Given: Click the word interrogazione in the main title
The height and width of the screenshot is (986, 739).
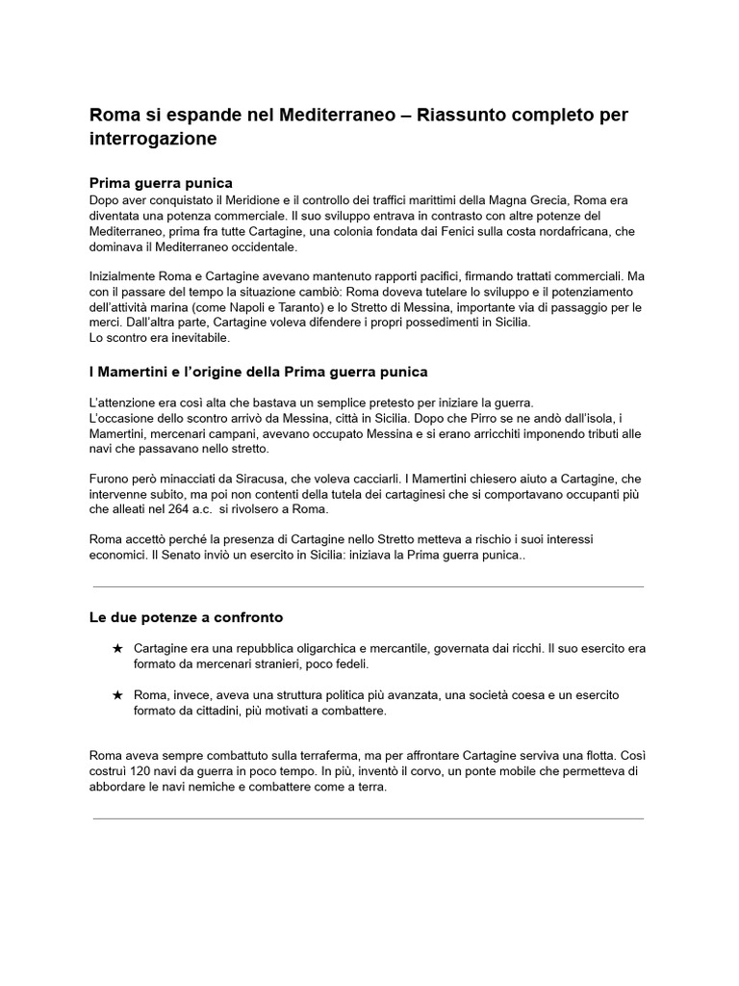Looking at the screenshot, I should click(153, 140).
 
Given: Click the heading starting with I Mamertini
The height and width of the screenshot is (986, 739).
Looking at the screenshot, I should click(259, 372).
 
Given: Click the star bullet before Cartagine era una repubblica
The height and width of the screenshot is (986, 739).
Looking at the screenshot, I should click(117, 649).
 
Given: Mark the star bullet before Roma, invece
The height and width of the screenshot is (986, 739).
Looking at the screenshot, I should click(117, 695).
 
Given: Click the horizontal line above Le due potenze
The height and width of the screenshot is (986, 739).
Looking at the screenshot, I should click(369, 586).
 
